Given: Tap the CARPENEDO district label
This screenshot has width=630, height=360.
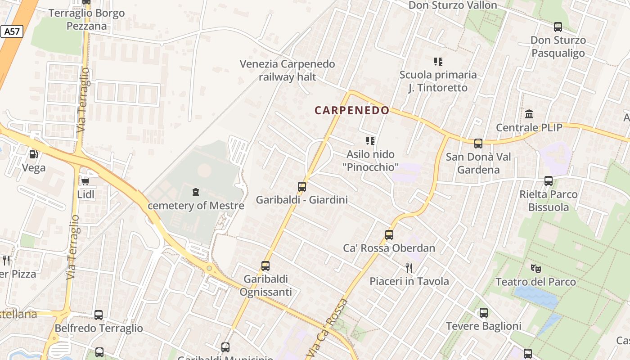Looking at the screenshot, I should (352, 110).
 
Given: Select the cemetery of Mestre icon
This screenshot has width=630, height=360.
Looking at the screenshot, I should (196, 193).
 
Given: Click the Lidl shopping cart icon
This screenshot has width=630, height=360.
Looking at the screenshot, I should (85, 181).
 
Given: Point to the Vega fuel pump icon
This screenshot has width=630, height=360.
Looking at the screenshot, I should (33, 154).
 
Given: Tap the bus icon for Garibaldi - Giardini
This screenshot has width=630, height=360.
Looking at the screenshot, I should (302, 186).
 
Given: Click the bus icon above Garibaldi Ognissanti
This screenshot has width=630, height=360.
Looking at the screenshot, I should (265, 266).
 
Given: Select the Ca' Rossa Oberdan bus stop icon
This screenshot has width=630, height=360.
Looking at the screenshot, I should (389, 235).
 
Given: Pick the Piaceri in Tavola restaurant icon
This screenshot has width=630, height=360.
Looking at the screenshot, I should (409, 268).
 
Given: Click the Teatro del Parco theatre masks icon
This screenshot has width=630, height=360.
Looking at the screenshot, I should (535, 269).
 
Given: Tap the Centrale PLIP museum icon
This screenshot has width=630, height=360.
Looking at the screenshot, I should (529, 114).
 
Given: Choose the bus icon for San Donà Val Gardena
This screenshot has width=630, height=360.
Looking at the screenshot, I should (478, 144).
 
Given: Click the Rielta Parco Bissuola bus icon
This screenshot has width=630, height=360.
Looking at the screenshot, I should (549, 181).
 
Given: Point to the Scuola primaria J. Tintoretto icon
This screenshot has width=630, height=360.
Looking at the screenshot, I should (438, 61).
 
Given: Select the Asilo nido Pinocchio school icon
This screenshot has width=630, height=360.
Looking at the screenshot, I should (370, 141).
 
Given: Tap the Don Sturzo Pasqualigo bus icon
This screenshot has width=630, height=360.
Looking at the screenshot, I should (558, 27).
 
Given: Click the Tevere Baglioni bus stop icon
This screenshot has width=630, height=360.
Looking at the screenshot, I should (484, 313).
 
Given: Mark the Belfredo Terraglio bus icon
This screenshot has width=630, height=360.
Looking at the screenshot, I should (99, 315).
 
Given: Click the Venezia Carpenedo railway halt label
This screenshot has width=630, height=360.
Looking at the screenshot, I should (288, 70).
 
